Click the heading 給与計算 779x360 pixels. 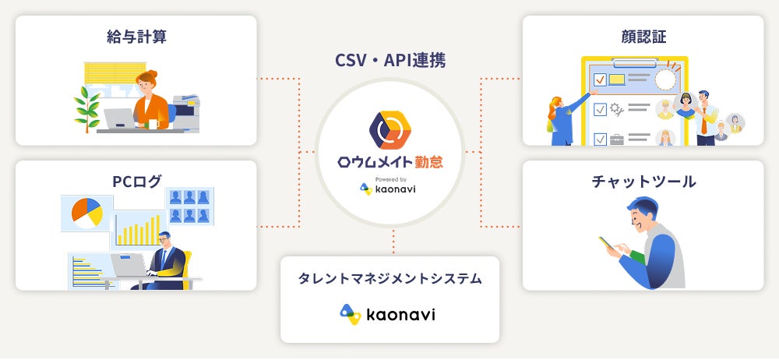pyautogui.click(x=136, y=37)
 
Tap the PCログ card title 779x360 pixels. pyautogui.click(x=136, y=182)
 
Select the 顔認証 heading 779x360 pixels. pyautogui.click(x=643, y=37)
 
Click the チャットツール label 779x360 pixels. pyautogui.click(x=643, y=182)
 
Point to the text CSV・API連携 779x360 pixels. pyautogui.click(x=389, y=59)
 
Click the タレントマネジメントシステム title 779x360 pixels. pyautogui.click(x=389, y=278)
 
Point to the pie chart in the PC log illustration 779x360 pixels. pyautogui.click(x=86, y=212)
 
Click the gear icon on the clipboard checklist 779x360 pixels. pyautogui.click(x=616, y=108)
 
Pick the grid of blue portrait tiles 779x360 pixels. pyautogui.click(x=190, y=206)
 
